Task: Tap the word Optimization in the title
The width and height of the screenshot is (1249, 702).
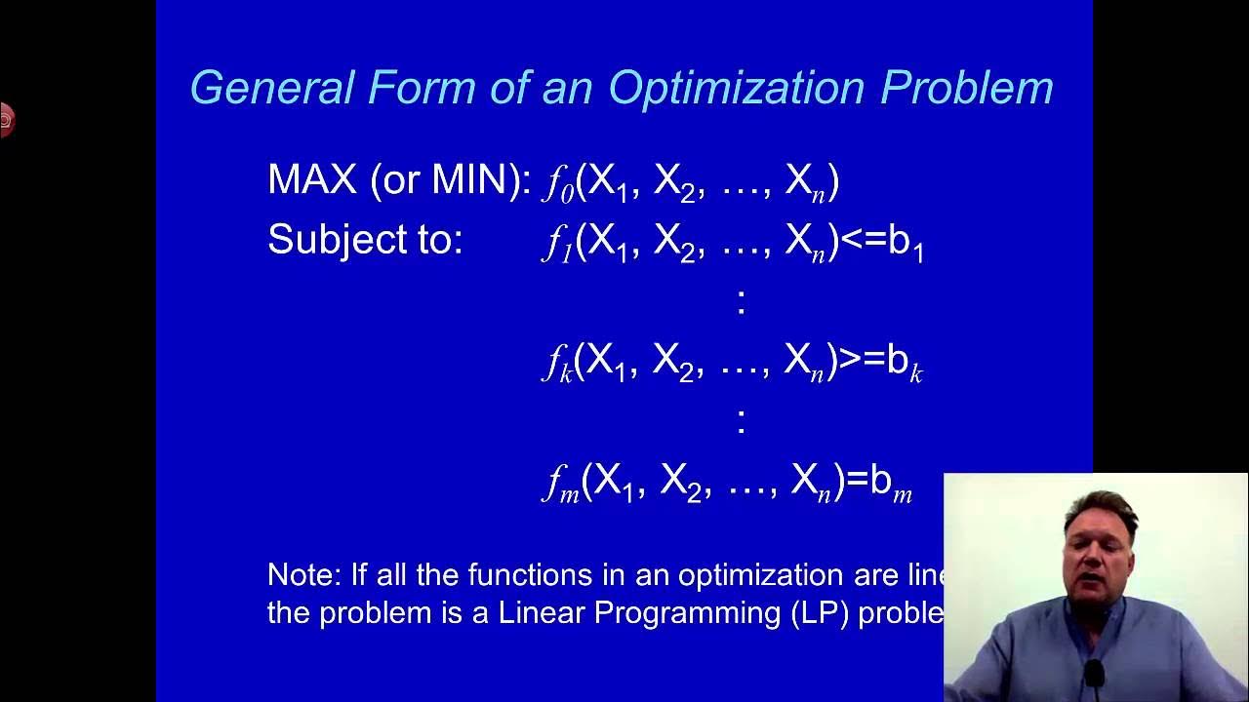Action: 737,88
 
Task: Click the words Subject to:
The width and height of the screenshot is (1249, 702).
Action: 365,240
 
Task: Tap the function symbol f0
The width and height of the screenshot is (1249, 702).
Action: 558,183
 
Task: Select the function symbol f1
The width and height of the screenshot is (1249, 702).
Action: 557,243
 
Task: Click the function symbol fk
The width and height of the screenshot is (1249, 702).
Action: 557,364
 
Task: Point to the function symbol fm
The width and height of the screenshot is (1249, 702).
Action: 561,484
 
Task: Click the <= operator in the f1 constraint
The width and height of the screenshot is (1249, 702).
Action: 863,241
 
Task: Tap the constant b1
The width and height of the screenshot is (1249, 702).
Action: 907,244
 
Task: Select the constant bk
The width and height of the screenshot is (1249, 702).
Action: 904,364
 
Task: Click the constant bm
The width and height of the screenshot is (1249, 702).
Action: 891,484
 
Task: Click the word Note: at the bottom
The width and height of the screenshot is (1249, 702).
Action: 303,575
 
